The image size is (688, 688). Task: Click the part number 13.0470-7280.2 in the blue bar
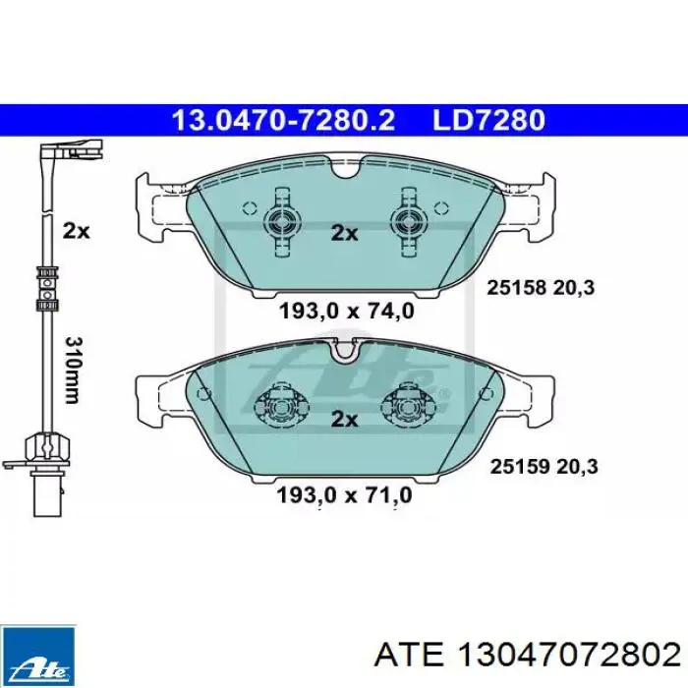tap(283, 121)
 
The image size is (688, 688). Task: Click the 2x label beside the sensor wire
tap(76, 232)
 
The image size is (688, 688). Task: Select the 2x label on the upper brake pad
tap(343, 233)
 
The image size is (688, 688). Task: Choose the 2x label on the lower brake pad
tap(343, 420)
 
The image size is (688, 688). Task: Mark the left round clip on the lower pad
tap(278, 405)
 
